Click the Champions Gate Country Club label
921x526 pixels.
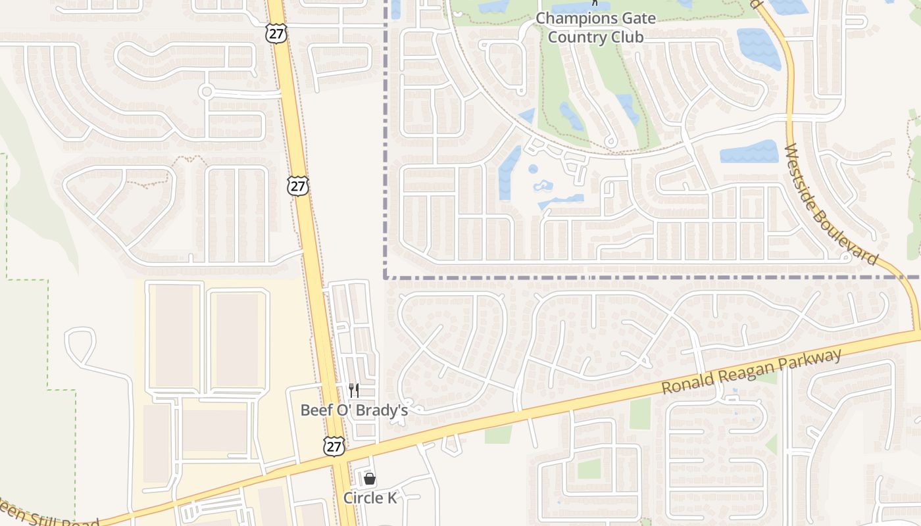click(595, 28)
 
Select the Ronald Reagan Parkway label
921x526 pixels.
click(751, 371)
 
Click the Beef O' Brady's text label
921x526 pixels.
click(354, 410)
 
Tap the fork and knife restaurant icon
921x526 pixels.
click(354, 391)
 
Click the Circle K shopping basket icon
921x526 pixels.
click(370, 479)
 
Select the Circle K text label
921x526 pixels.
click(370, 498)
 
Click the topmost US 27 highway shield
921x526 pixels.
click(277, 34)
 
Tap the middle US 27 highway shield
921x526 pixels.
click(298, 186)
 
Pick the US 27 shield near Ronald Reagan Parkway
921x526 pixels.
click(334, 445)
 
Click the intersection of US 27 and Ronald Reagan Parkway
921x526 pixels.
click(340, 460)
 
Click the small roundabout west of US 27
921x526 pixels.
click(207, 91)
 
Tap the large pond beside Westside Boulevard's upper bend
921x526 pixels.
click(759, 47)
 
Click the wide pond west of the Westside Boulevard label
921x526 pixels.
click(749, 152)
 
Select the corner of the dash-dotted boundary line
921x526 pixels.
click(386, 277)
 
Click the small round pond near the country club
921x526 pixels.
click(533, 169)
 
